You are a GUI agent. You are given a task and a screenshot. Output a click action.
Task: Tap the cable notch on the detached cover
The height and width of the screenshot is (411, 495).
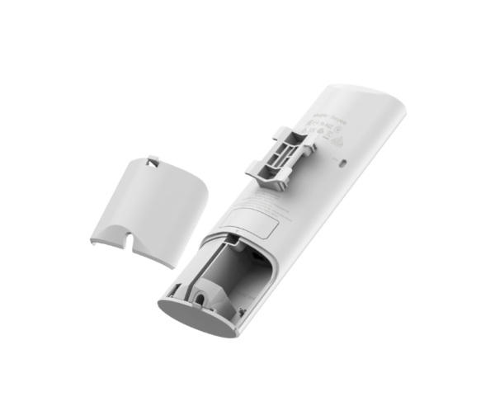(x=132, y=243)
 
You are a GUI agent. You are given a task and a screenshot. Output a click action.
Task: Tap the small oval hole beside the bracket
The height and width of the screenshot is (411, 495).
(x=343, y=163)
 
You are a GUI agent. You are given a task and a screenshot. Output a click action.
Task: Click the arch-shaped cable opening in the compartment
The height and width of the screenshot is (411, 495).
(x=202, y=293)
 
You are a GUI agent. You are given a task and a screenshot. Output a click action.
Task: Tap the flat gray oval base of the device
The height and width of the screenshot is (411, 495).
(x=198, y=315)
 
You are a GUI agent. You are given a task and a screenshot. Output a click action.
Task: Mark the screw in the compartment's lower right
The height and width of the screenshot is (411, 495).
(x=243, y=311)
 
